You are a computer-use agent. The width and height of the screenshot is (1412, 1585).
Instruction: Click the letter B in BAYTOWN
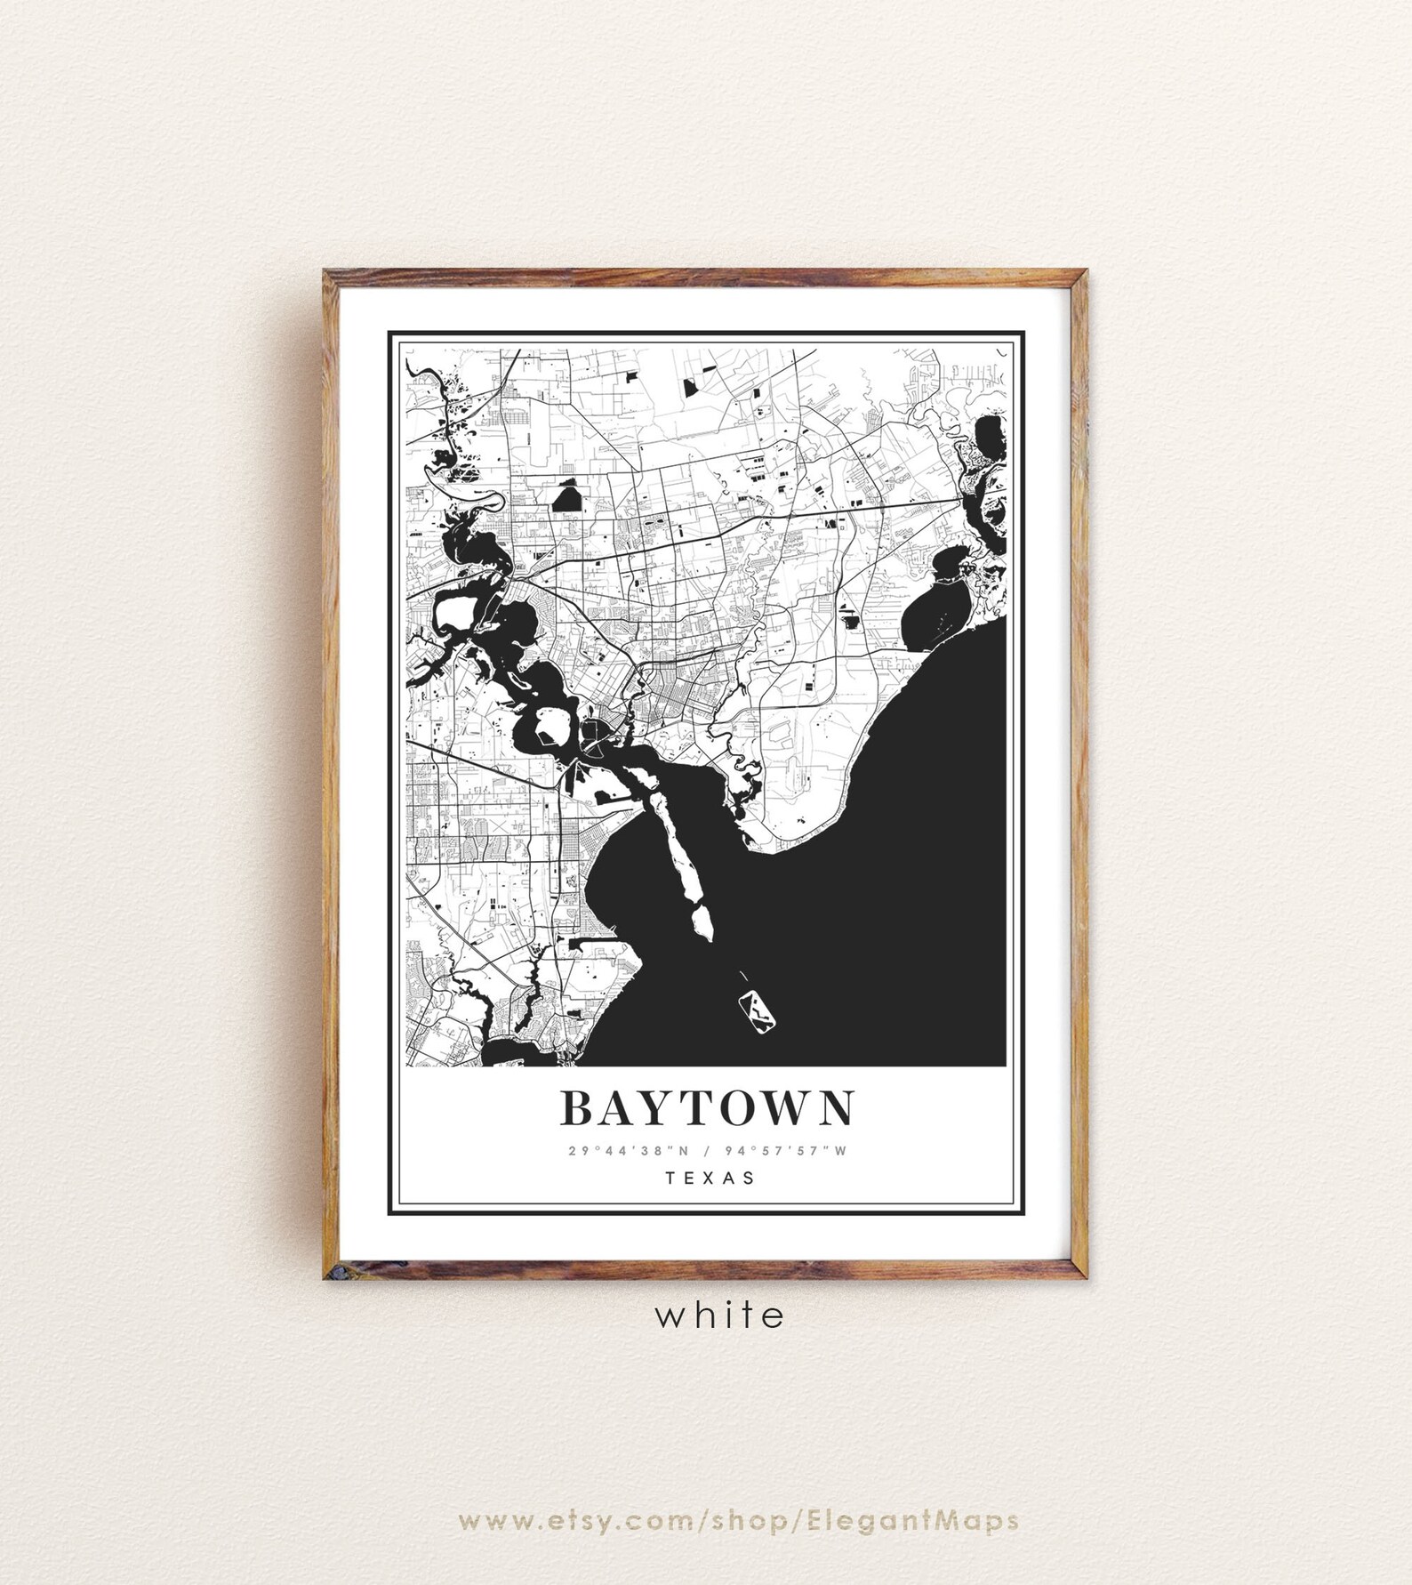pos(577,1108)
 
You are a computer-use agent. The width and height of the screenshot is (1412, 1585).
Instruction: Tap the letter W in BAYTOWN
pos(784,1108)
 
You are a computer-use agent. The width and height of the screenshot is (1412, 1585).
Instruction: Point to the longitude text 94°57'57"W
pos(790,1151)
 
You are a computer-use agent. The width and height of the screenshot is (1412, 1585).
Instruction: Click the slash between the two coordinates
pos(704,1151)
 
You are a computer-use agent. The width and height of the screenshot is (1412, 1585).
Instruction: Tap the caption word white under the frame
pos(720,1314)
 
